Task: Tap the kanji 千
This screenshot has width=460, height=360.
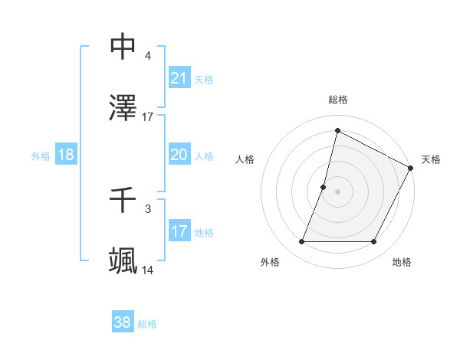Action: coord(123,201)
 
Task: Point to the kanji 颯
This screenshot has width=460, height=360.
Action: coord(123,261)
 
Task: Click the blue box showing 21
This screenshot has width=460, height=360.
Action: coord(179,77)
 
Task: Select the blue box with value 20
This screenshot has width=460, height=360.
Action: coord(179,155)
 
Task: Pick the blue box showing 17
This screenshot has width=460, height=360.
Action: coord(179,231)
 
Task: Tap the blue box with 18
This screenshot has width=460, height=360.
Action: coord(66,155)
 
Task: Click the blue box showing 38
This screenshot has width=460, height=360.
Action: coord(123,322)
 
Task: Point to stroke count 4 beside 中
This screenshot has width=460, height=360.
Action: coord(147,56)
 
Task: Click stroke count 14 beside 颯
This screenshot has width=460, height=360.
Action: coord(147,270)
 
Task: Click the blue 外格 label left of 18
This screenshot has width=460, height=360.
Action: coord(41,155)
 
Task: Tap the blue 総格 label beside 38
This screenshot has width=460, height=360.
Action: coord(147,323)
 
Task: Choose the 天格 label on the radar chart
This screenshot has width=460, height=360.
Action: coord(431,159)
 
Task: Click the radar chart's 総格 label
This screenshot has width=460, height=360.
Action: coord(337,100)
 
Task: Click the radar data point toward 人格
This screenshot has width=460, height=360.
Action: coord(324,187)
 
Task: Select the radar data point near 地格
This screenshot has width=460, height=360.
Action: coord(374,242)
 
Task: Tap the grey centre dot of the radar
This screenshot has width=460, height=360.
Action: coord(337,191)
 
